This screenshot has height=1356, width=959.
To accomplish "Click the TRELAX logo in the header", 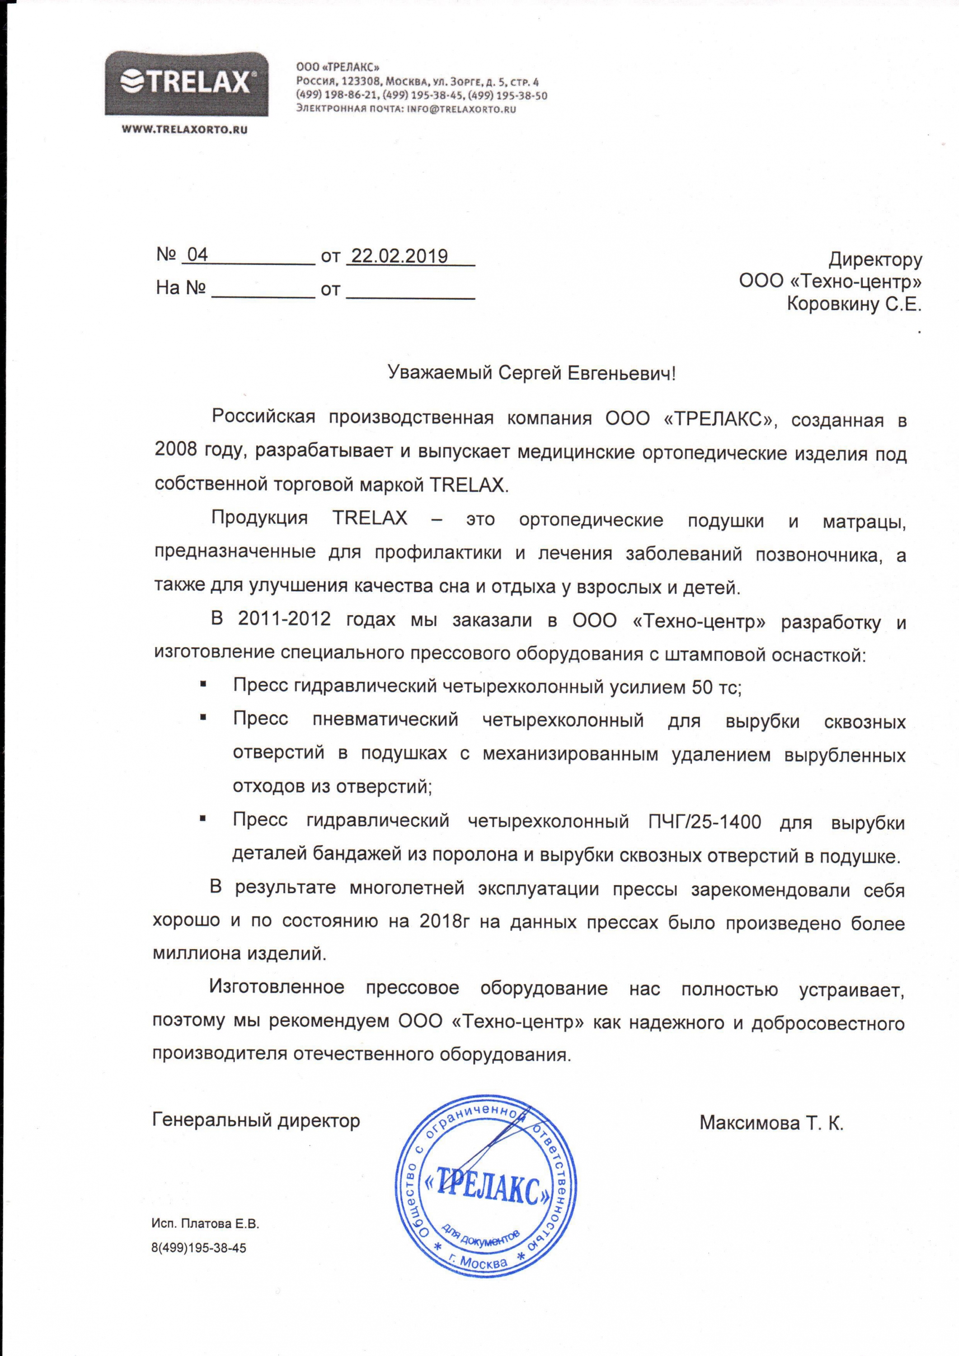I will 187,83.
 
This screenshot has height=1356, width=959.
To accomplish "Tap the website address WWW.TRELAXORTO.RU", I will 184,130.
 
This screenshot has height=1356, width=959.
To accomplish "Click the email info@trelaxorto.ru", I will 462,109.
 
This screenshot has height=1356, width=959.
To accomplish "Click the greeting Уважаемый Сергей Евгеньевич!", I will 531,373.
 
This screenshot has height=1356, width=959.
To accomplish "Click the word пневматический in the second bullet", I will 385,720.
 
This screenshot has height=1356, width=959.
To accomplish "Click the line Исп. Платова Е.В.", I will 205,1256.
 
